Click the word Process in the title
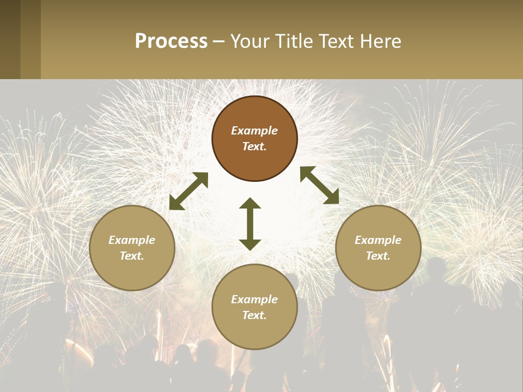[x=171, y=41]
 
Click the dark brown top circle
[x=254, y=138]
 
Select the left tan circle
[x=132, y=248]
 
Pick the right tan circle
[x=378, y=248]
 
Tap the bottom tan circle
[x=254, y=307]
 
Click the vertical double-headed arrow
[x=250, y=224]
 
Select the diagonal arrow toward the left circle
[x=188, y=191]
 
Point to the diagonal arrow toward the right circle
[x=320, y=185]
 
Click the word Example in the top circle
[x=254, y=131]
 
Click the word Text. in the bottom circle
[x=254, y=315]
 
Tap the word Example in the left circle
[x=132, y=240]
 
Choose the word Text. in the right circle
[x=378, y=256]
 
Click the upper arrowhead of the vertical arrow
[x=250, y=203]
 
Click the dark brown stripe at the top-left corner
[x=10, y=39]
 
